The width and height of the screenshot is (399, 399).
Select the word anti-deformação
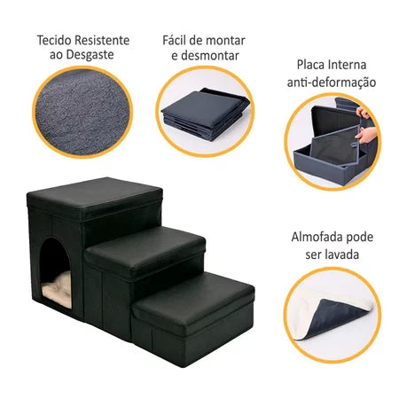point(333,82)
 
